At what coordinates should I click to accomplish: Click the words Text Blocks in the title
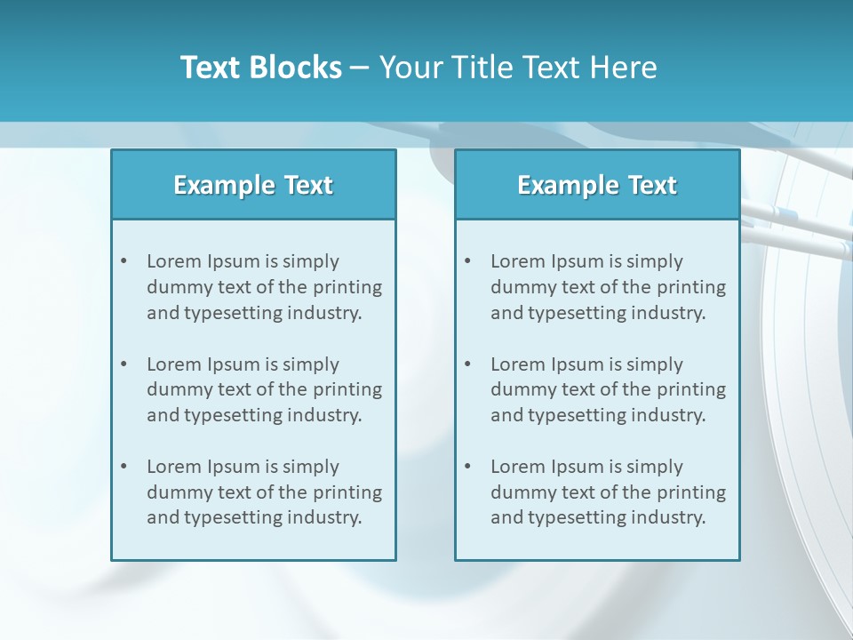pos(260,68)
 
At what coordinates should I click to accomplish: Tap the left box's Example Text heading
pos(253,185)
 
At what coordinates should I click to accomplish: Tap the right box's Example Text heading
pos(597,185)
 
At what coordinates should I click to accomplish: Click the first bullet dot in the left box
pos(124,261)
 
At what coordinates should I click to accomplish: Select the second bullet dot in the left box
pos(124,364)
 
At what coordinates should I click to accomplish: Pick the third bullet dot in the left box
pos(124,467)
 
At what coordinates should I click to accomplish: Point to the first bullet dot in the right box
pos(467,261)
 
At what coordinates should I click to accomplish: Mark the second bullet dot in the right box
pos(467,364)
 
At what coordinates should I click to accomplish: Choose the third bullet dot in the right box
pos(467,467)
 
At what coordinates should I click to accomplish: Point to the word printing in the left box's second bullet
pos(347,389)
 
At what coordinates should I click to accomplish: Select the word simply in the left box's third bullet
pos(311,467)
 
